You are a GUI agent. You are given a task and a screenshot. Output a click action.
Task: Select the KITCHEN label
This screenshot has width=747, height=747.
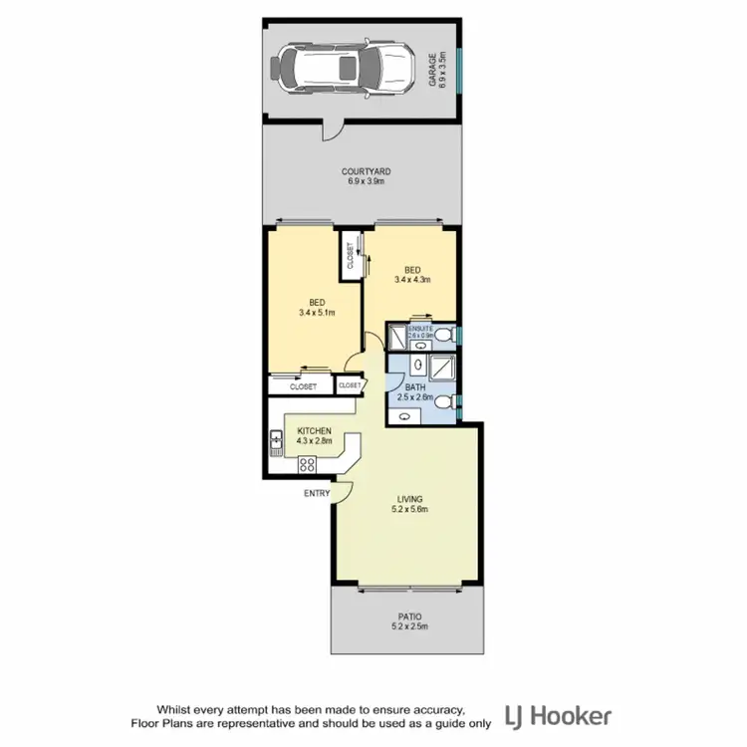(314, 430)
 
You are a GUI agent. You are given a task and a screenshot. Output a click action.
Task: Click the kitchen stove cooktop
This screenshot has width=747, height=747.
(307, 463)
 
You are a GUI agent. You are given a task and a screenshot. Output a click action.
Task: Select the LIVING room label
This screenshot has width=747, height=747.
(408, 498)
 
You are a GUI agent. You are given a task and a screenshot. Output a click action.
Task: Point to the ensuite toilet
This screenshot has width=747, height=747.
(450, 334)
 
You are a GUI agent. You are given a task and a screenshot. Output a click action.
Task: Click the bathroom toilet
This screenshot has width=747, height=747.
(451, 401)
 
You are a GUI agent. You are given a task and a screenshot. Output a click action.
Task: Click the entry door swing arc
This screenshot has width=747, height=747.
(344, 488)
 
